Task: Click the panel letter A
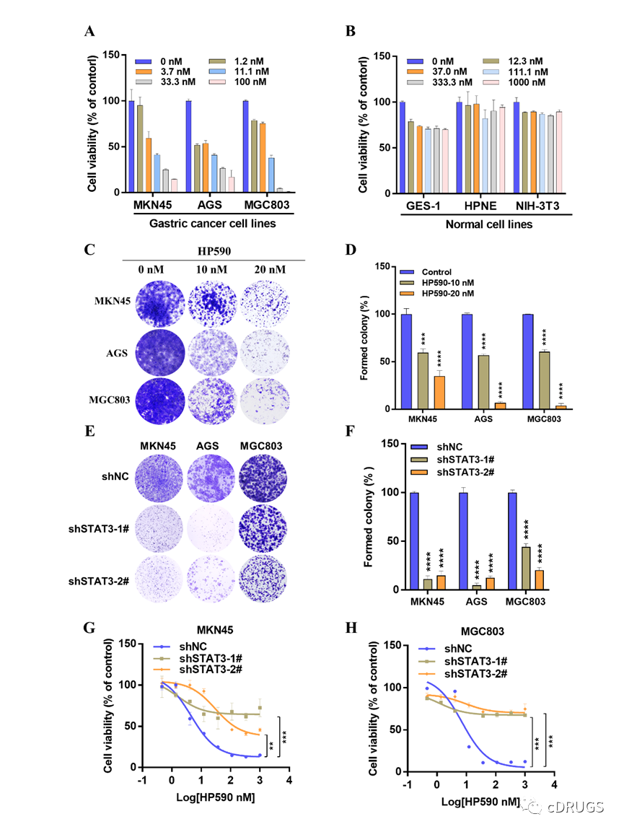click(x=90, y=32)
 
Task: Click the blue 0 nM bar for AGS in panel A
click(x=188, y=146)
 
